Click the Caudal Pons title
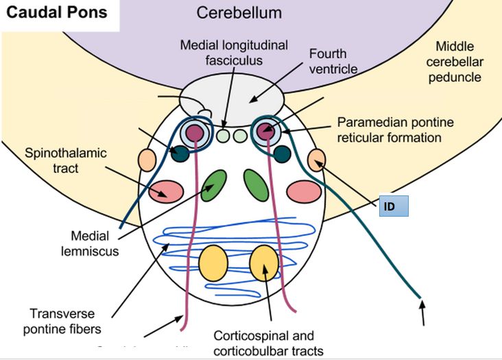coord(56,13)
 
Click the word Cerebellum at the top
coord(239,13)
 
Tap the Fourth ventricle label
coord(327,60)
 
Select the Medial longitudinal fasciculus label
coord(226,52)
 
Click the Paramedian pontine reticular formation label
coord(388,130)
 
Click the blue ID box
coord(394,206)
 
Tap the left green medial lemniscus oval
coord(215,184)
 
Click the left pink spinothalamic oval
coord(167,190)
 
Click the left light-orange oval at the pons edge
coord(147,159)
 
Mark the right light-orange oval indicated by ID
coord(316,159)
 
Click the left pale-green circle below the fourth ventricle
coord(223,136)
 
